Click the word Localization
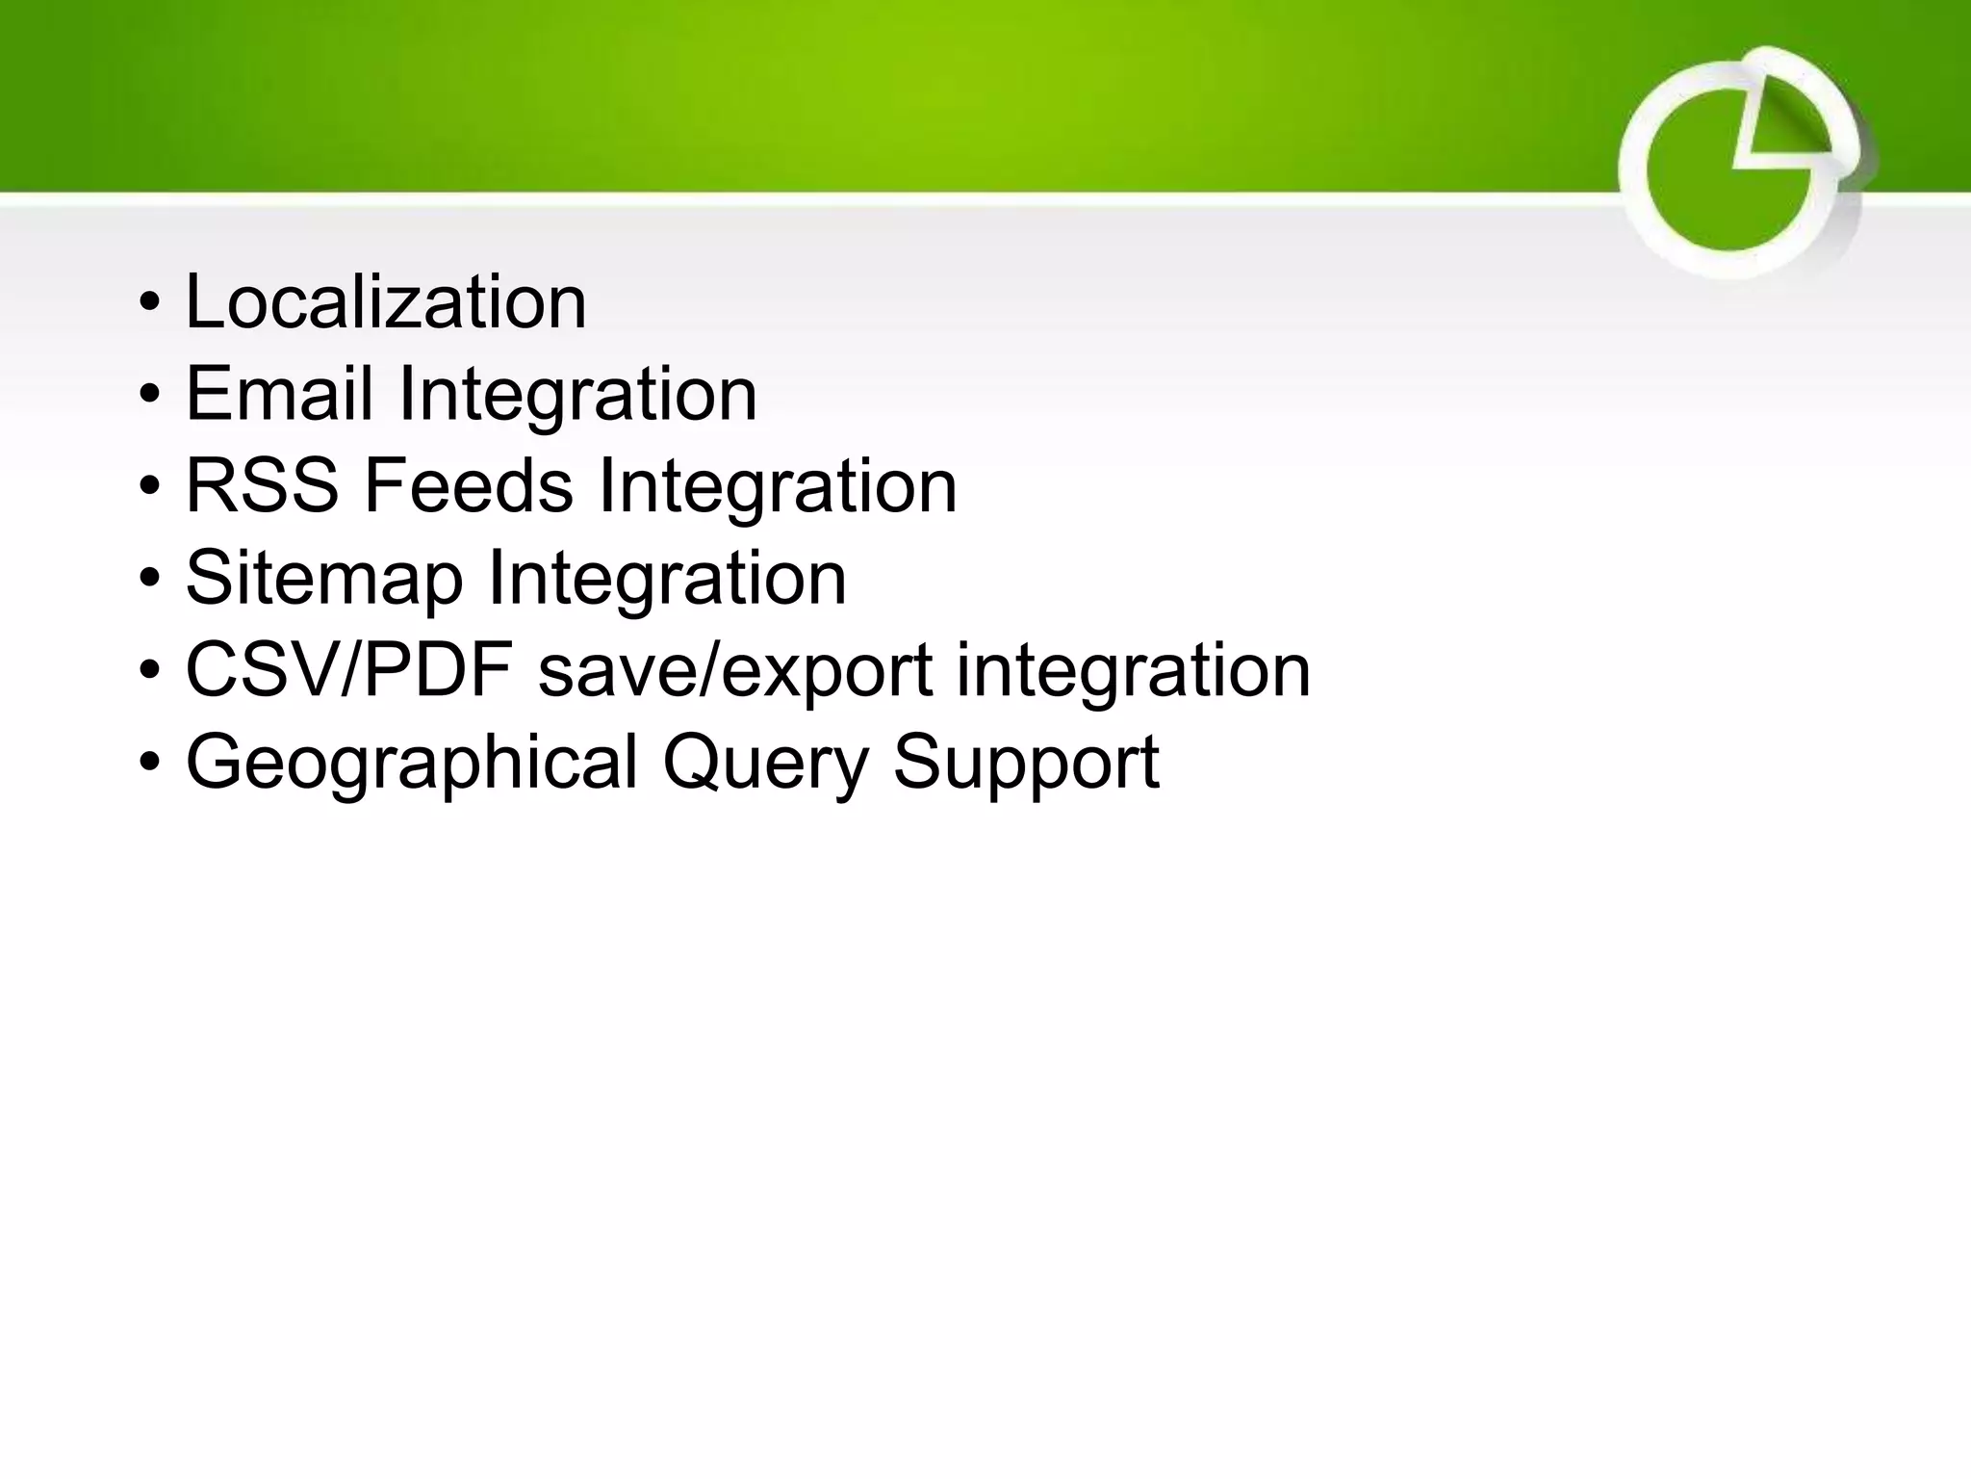click(385, 302)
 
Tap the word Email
click(278, 394)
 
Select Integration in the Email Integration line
click(576, 394)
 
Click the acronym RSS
click(261, 486)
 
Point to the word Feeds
click(468, 486)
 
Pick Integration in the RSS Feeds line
click(777, 486)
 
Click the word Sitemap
click(323, 579)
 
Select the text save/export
click(734, 670)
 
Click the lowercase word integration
click(1133, 670)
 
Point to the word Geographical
click(411, 763)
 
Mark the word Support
click(1026, 763)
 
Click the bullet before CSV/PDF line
click(149, 672)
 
